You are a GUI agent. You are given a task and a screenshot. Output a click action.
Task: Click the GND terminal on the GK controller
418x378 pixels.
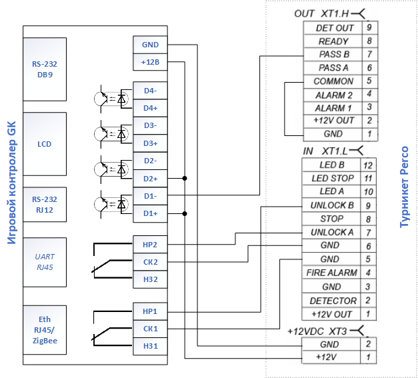click(x=150, y=45)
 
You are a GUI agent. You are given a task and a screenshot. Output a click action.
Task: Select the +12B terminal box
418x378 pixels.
click(x=150, y=62)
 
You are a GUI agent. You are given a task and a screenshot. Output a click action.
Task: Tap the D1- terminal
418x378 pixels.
click(x=150, y=196)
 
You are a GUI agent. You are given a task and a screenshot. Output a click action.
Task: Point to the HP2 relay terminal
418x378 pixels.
click(x=150, y=245)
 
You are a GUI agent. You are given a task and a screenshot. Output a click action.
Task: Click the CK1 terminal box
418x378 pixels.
click(x=150, y=329)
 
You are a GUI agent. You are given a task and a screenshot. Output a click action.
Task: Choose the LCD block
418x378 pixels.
click(x=45, y=144)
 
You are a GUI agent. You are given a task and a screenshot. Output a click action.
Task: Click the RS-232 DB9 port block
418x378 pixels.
click(x=45, y=69)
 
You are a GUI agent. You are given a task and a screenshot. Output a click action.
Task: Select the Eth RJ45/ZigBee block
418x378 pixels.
click(x=45, y=330)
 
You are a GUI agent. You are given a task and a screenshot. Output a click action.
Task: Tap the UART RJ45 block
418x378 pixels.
click(x=45, y=262)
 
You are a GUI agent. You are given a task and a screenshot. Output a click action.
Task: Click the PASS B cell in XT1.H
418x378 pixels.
click(x=333, y=55)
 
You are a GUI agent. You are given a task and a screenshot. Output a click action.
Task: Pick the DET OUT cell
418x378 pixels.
click(x=333, y=28)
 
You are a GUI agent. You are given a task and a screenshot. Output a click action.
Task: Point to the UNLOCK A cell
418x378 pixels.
click(x=331, y=232)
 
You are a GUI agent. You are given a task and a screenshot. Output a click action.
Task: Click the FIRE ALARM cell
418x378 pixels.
click(x=331, y=273)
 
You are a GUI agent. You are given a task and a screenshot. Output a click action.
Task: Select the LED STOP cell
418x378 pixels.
click(x=331, y=178)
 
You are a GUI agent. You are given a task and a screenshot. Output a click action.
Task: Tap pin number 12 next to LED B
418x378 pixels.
click(x=368, y=165)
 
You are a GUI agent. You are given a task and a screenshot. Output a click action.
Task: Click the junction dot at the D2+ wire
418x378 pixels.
click(x=185, y=178)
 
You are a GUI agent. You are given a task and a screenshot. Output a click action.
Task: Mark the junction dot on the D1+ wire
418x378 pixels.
click(x=185, y=213)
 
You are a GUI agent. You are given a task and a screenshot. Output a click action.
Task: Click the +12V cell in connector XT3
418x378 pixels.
click(x=331, y=357)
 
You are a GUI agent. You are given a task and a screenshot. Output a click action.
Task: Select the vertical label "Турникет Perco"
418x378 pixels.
click(x=405, y=187)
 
